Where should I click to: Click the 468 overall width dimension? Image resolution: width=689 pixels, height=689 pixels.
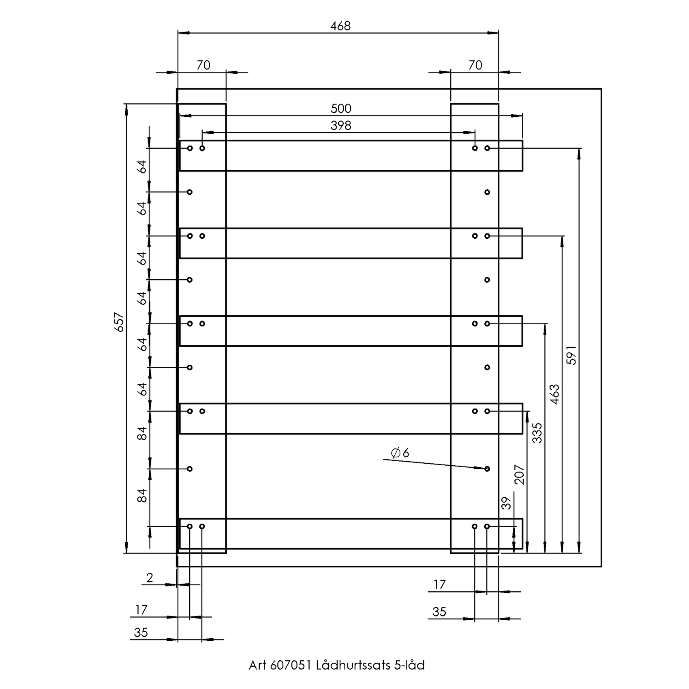coord(340,26)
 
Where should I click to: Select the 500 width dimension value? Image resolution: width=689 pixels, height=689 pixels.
coord(341,109)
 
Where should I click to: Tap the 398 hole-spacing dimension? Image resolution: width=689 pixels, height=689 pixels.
coord(341,126)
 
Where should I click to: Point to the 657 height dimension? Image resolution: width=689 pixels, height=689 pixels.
coord(119,322)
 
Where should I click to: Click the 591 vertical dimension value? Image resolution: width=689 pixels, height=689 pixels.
coord(571,355)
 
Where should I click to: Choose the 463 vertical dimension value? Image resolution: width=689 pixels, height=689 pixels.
coord(554,394)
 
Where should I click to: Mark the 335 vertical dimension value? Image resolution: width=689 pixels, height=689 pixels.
coord(537,433)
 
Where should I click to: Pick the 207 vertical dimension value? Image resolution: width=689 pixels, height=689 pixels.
coord(519,475)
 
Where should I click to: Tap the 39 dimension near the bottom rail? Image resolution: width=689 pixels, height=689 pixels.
coord(507,503)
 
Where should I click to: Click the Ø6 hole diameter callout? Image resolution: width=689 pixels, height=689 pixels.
coord(400,453)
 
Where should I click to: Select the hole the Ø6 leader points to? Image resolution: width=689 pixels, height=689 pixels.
coord(487,469)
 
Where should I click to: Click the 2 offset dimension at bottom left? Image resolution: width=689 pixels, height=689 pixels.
coord(150,578)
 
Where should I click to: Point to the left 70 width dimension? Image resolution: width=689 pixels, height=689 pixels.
coord(203,65)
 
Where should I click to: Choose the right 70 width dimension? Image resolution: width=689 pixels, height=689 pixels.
coord(475,65)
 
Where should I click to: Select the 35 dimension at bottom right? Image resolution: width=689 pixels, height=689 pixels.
coord(439,612)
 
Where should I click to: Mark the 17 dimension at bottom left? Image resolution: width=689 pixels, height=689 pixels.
coord(141,610)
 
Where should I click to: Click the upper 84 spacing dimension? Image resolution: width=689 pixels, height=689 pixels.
coord(142,434)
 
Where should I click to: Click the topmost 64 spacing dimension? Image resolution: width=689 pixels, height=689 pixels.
coord(142,167)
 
